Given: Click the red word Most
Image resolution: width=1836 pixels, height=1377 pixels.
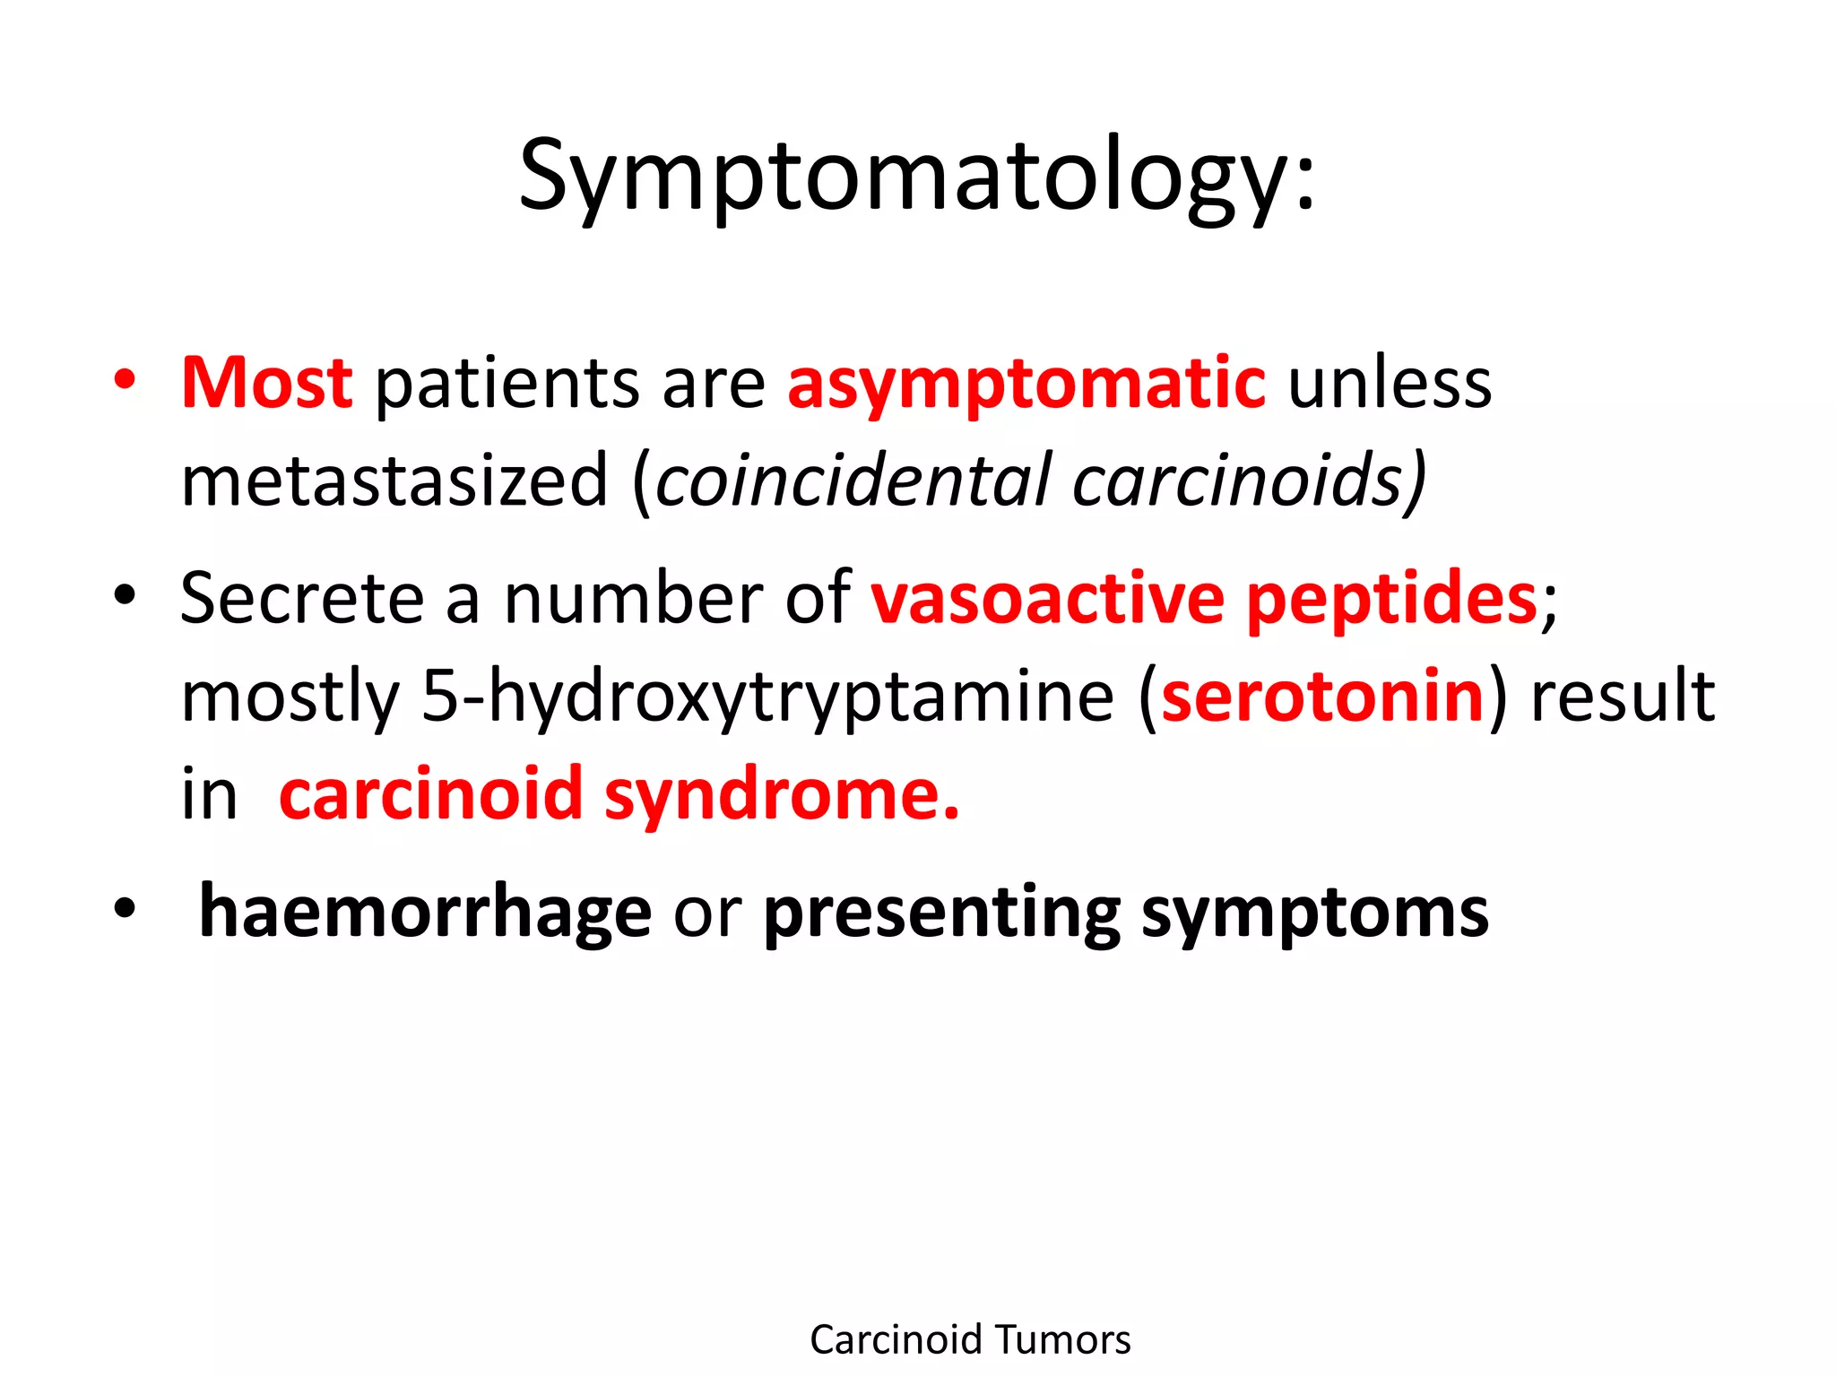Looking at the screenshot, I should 267,384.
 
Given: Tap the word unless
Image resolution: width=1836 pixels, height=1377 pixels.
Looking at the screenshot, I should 1390,384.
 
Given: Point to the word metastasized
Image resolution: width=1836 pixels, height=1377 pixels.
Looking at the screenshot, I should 394,481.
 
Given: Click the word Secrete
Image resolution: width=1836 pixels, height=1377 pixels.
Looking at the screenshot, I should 302,599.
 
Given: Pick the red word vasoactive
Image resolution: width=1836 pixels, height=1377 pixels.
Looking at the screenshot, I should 1047,599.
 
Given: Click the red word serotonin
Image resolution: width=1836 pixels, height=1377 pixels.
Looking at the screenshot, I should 1322,697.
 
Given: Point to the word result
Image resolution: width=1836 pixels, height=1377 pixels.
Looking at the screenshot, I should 1623,697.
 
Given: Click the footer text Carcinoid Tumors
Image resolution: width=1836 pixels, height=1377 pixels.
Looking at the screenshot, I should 970,1339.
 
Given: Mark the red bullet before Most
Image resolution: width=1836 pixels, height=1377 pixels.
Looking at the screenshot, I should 125,379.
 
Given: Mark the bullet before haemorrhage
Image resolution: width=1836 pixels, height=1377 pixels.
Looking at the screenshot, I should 125,908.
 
